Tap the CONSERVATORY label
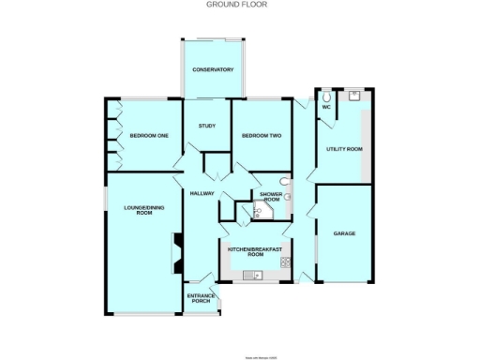212,71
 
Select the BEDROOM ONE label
148,136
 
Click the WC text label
326,107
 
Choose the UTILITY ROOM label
343,149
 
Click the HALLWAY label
202,193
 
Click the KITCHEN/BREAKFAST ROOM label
255,251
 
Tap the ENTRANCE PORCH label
201,300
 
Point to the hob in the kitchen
278,274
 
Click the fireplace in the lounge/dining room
175,249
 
